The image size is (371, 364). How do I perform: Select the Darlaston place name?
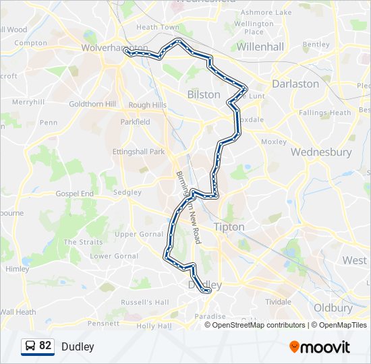[x=295, y=84]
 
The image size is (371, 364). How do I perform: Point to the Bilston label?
[x=204, y=94]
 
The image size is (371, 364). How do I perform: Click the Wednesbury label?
[x=321, y=152]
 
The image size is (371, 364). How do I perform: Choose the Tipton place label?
[x=229, y=227]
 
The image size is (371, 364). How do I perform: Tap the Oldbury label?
[x=333, y=308]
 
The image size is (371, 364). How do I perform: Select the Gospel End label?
[x=75, y=193]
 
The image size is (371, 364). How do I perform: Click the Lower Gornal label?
[x=114, y=256]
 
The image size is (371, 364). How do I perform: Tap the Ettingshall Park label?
[x=138, y=152]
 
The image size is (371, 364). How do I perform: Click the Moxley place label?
[x=274, y=142]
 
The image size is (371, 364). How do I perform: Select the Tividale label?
[x=277, y=301]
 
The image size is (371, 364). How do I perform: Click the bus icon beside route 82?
[x=30, y=346]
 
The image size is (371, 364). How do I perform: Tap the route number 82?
[x=45, y=346]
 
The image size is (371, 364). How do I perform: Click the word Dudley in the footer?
[x=78, y=347]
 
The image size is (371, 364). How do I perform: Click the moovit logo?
[x=320, y=347]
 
